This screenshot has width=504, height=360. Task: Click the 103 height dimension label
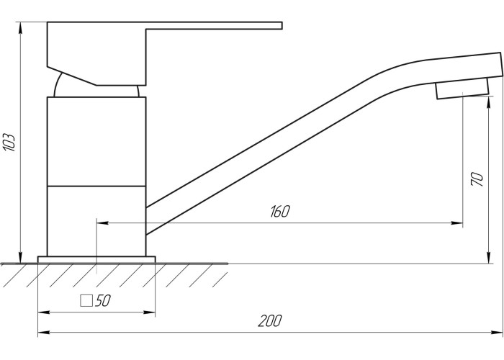[x=9, y=142]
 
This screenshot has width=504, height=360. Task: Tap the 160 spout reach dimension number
[x=280, y=211]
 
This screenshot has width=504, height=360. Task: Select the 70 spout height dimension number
[x=477, y=179]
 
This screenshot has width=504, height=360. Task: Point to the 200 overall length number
[x=270, y=321]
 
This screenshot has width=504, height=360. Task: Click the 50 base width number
[x=103, y=300]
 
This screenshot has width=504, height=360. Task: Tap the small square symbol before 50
[x=86, y=301]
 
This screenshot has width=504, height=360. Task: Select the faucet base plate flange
[x=96, y=260]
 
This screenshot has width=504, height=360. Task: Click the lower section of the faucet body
[x=96, y=221]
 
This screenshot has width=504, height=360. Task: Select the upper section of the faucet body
[x=96, y=141]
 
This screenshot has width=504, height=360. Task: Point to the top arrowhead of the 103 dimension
[x=21, y=27]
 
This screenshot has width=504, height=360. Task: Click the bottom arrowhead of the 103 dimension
[x=21, y=258]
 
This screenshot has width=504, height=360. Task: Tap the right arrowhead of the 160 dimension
[x=457, y=222]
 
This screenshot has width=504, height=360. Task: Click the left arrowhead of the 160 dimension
[x=102, y=222]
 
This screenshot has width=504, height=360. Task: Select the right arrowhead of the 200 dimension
[x=497, y=333]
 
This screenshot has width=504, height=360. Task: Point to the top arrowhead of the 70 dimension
[x=489, y=102]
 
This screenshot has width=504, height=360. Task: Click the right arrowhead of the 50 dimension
[x=150, y=312]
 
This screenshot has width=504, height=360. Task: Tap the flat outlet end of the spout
[x=501, y=64]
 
